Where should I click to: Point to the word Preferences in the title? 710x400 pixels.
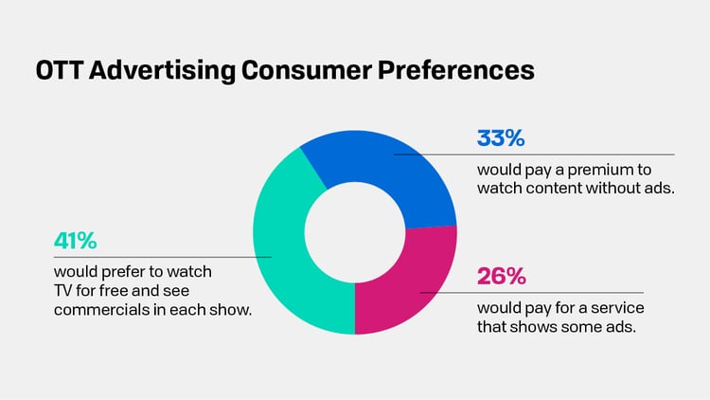[453, 72]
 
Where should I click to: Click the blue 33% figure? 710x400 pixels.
[500, 138]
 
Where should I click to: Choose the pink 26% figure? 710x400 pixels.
[500, 277]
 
